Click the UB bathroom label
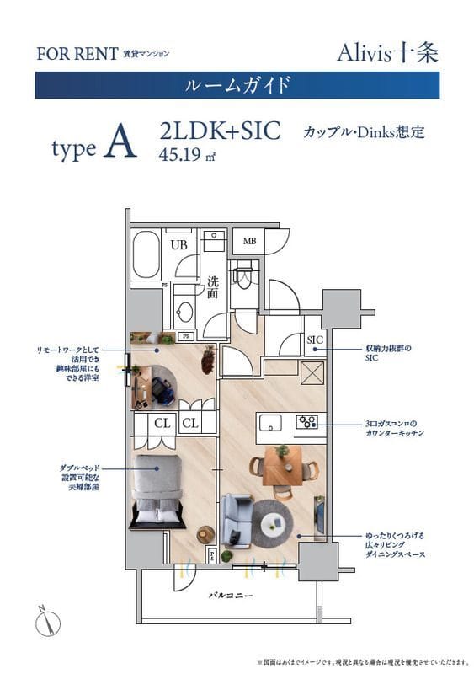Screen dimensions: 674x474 [x=178, y=245]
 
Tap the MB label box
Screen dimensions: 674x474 [x=250, y=242]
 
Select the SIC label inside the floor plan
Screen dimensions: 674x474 [x=315, y=340]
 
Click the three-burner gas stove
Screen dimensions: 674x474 [x=306, y=421]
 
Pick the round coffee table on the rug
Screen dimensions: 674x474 [x=274, y=523]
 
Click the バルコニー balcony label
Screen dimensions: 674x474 [x=228, y=595]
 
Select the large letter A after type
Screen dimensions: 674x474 [x=120, y=146]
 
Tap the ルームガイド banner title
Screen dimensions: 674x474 [x=237, y=85]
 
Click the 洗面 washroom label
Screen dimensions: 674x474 [x=213, y=288]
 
